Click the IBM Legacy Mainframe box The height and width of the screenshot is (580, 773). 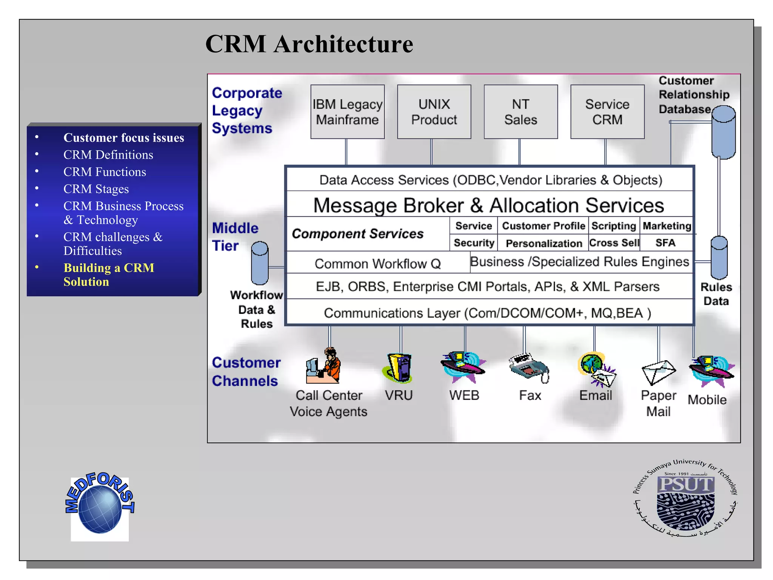point(347,112)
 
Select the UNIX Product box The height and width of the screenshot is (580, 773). point(434,112)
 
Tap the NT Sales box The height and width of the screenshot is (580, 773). point(520,112)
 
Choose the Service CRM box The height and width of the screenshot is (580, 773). point(607,112)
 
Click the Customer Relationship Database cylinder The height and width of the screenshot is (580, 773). point(723,132)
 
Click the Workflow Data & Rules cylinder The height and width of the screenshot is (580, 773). point(260,263)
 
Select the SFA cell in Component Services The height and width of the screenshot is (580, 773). point(665,243)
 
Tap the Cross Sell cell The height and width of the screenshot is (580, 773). point(614,243)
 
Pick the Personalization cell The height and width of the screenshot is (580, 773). point(544,243)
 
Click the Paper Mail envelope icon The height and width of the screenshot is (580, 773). point(658,372)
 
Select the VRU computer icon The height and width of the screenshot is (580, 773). point(399,367)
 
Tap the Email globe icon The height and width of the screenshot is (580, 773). point(596,368)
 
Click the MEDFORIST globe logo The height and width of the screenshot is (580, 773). point(100,506)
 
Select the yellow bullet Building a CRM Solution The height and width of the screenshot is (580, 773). point(109,275)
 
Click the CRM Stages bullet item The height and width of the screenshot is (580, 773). point(96,189)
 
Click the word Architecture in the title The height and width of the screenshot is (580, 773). point(343,44)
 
